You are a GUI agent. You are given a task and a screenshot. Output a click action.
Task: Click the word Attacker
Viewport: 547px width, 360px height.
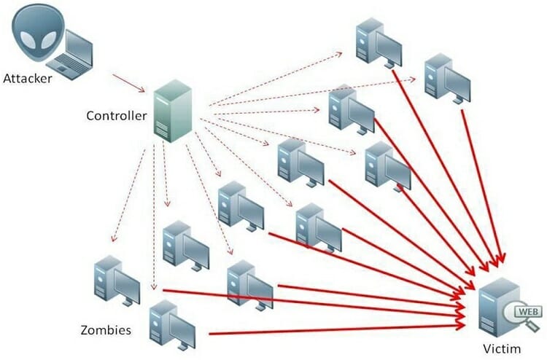pyautogui.click(x=27, y=79)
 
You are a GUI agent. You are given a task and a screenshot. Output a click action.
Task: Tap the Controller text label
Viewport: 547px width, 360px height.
pyautogui.click(x=116, y=116)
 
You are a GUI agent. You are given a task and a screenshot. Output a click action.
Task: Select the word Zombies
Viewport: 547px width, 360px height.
pyautogui.click(x=106, y=330)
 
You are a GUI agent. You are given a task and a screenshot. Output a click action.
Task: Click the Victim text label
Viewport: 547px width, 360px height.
pyautogui.click(x=502, y=348)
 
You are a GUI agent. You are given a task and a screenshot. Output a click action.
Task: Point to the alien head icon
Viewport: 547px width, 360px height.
pyautogui.click(x=38, y=32)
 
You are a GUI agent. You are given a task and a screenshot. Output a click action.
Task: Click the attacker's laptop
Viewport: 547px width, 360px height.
pyautogui.click(x=71, y=55)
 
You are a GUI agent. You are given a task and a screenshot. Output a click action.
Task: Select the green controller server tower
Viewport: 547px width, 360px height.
pyautogui.click(x=173, y=111)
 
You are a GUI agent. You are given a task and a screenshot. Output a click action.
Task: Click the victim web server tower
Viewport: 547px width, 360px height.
pyautogui.click(x=498, y=307)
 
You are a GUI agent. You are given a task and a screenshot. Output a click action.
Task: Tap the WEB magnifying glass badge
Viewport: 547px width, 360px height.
pyautogui.click(x=523, y=315)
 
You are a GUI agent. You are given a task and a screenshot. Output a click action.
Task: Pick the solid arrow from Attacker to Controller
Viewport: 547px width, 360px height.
pyautogui.click(x=128, y=83)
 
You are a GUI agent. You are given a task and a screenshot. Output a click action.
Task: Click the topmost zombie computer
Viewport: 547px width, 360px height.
pyautogui.click(x=379, y=43)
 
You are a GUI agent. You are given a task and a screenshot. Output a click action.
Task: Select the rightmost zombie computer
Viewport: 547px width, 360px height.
pyautogui.click(x=448, y=78)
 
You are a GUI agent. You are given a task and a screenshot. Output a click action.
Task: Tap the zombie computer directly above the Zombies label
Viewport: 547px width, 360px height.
pyautogui.click(x=117, y=281)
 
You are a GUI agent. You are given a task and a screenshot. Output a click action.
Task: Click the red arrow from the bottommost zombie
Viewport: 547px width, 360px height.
pyautogui.click(x=338, y=329)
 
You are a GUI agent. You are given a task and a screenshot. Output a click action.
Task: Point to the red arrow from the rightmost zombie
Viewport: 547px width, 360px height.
pyautogui.click(x=483, y=187)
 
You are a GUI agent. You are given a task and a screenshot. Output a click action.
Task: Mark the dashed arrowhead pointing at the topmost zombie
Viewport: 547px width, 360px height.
pyautogui.click(x=338, y=54)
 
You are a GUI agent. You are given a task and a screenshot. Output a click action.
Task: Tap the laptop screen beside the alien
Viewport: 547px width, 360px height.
pyautogui.click(x=79, y=47)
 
